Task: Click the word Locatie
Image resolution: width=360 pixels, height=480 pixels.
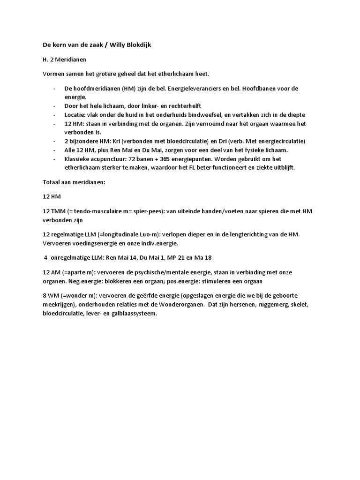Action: (x=75, y=115)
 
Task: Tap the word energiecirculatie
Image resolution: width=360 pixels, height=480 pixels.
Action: (x=277, y=141)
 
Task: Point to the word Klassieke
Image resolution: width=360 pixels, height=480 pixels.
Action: (x=78, y=158)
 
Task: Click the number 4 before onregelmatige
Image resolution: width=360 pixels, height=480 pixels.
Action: (x=45, y=257)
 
